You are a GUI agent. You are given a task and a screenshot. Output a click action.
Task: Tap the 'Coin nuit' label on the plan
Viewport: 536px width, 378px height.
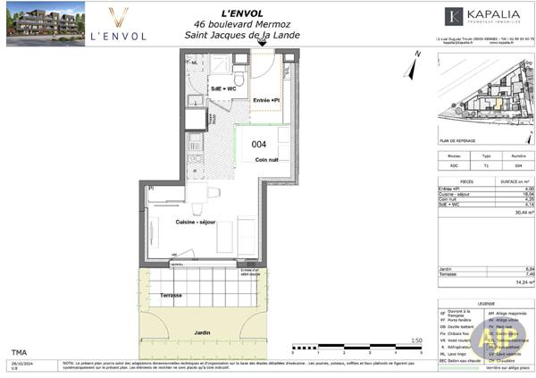point(267,160)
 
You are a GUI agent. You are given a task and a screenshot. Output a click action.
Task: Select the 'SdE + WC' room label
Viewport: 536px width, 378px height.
point(222,89)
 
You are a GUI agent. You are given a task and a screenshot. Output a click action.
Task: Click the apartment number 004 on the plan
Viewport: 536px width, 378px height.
point(259,144)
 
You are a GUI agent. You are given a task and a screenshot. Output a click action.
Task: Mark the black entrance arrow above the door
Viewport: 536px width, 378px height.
point(262,43)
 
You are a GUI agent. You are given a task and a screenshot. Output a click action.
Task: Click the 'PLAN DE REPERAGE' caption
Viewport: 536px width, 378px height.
point(457,140)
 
